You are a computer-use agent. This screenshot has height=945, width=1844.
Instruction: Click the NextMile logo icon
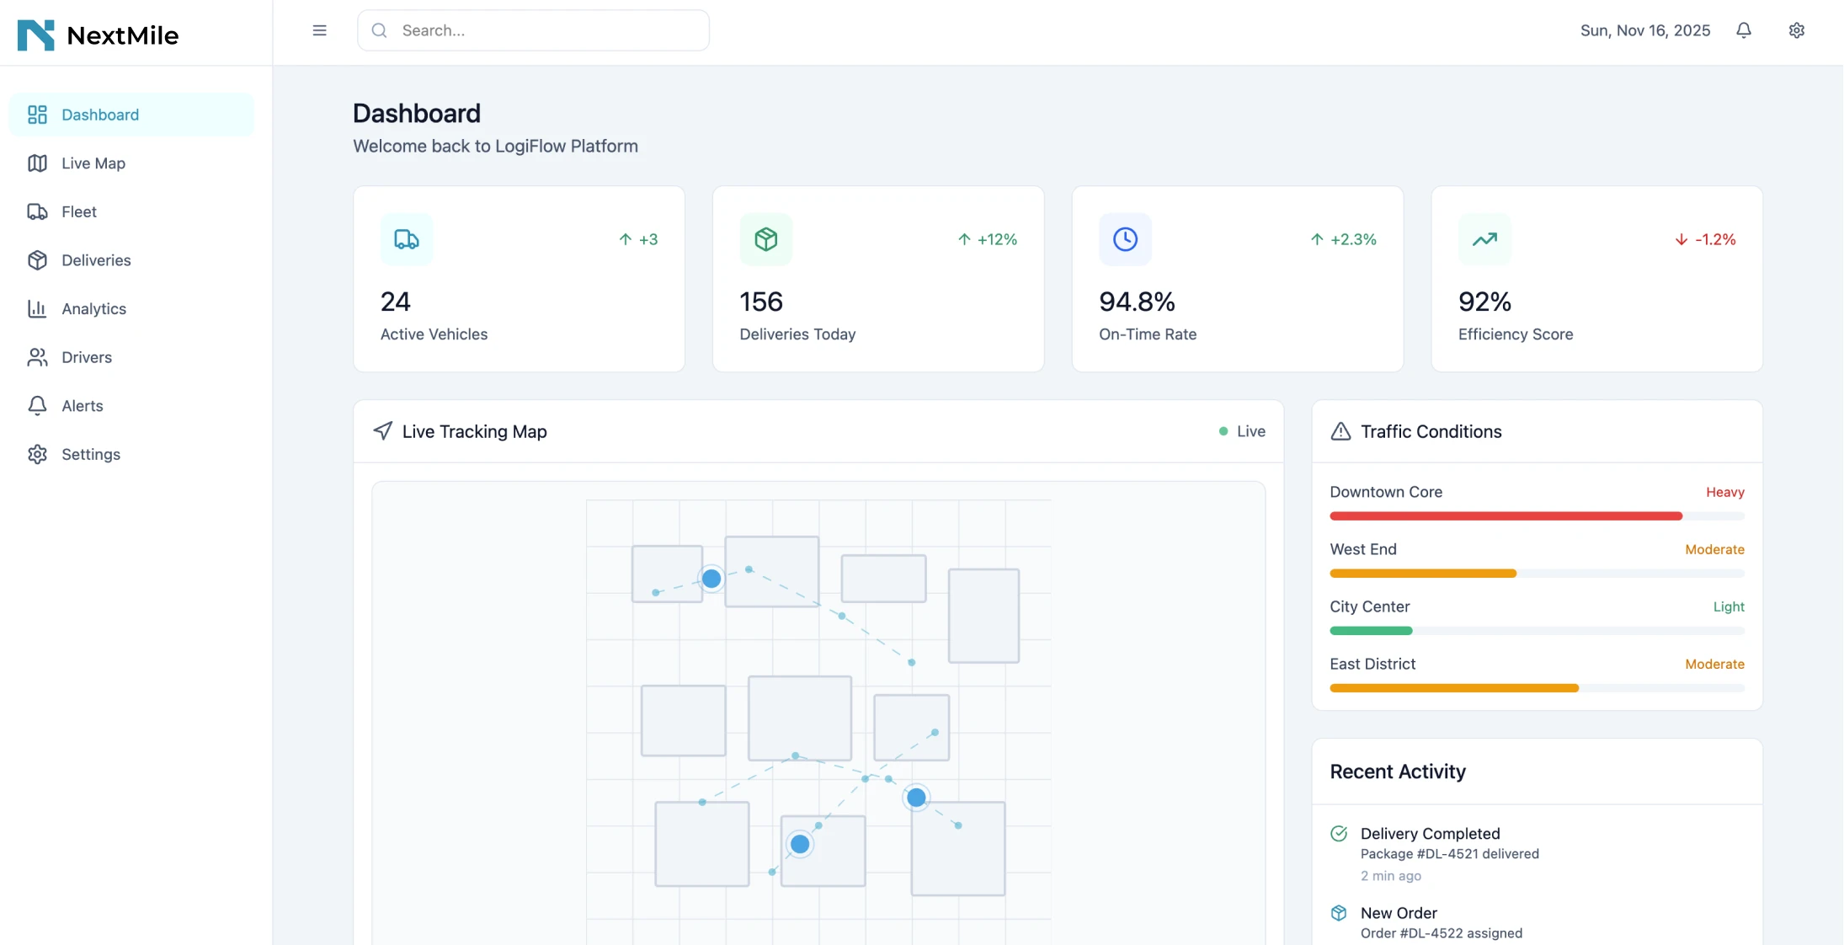[35, 35]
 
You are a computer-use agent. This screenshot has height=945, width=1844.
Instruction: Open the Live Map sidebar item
[93, 163]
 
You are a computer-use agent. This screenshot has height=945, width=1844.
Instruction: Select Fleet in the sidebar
[78, 212]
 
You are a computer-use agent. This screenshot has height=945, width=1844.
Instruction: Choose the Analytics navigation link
[93, 309]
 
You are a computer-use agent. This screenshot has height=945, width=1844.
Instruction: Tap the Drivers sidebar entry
[86, 357]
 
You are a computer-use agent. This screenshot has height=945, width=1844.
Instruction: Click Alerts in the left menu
[82, 406]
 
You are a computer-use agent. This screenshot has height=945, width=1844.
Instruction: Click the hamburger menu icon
[319, 30]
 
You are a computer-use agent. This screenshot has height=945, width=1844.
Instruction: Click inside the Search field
[539, 30]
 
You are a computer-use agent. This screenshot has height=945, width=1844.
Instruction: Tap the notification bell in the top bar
[1744, 30]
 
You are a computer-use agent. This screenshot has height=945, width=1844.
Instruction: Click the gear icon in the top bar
[1797, 30]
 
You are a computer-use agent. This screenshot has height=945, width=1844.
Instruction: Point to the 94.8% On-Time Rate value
[1137, 302]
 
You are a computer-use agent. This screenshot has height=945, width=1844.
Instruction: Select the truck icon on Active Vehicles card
[407, 239]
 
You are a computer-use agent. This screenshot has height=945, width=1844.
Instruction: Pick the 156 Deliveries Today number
[761, 302]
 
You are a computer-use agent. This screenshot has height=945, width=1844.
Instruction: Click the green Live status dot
[1223, 431]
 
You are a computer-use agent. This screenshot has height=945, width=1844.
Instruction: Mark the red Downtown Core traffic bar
[1506, 515]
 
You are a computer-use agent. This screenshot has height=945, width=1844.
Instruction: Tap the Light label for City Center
[1729, 606]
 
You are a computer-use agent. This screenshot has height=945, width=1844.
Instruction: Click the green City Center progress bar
[1371, 630]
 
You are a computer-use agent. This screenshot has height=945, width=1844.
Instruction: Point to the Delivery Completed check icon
[1339, 834]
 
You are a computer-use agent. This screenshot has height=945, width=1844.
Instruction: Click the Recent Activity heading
[1398, 771]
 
